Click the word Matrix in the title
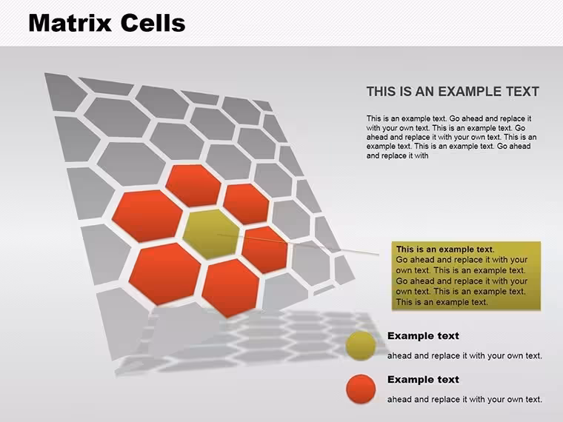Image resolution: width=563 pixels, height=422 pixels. pos(70,23)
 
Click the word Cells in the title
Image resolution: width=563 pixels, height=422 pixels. pos(153,23)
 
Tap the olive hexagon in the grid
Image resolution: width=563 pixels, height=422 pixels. pos(211,234)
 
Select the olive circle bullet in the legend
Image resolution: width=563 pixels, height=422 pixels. pos(361,346)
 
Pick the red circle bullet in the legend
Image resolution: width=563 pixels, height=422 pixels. pos(361,389)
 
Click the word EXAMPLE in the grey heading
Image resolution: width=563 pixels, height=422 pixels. pos(470,92)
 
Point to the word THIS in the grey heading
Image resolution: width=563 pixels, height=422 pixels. pos(382,92)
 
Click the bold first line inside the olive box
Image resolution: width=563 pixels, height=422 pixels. pos(445,249)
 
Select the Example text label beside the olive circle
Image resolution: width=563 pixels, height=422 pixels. pos(423,336)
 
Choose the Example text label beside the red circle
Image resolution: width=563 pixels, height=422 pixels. pos(423,379)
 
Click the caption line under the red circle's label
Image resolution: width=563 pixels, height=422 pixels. pos(464,399)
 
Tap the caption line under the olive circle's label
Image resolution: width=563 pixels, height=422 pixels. pos(464,355)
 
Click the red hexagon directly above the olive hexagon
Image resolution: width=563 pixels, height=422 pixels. pos(193,186)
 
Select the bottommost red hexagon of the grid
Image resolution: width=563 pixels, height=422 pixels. pos(230,288)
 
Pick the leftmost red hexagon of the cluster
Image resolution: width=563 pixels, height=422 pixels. pos(147,216)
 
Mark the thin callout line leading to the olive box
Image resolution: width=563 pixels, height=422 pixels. pos(298,244)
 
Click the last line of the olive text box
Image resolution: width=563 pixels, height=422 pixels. pos(442,302)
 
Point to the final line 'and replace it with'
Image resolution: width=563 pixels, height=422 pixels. pos(397,155)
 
